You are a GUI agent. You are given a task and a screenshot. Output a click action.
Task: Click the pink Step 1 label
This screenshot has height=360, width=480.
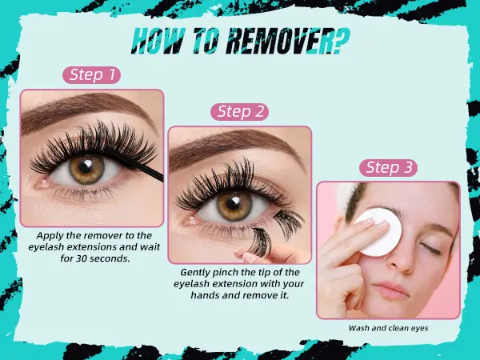pyautogui.click(x=91, y=75)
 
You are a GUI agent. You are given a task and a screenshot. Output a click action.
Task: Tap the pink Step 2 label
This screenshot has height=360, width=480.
pyautogui.click(x=240, y=112)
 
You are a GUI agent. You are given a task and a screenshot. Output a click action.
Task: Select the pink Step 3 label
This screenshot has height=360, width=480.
pyautogui.click(x=388, y=168)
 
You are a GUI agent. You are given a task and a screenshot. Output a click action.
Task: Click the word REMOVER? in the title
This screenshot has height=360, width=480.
pyautogui.click(x=288, y=41)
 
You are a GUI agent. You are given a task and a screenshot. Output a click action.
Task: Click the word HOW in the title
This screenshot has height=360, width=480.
pyautogui.click(x=158, y=41)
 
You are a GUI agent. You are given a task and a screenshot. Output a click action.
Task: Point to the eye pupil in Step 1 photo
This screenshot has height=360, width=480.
pyautogui.click(x=86, y=167)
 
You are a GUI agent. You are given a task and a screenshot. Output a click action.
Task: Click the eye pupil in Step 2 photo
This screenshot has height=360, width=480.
pyautogui.click(x=234, y=203)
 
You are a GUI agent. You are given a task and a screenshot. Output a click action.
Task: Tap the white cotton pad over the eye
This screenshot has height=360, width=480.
pyautogui.click(x=378, y=232)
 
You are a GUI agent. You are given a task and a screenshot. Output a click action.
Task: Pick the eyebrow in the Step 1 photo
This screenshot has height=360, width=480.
pyautogui.click(x=86, y=110)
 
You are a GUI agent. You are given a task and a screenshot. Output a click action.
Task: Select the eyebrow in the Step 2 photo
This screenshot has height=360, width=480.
pyautogui.click(x=236, y=146)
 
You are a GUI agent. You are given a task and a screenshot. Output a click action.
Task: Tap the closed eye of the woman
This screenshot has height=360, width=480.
pyautogui.click(x=430, y=249)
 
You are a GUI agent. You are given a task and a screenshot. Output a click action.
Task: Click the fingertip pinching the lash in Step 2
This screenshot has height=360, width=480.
pyautogui.click(x=250, y=257)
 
